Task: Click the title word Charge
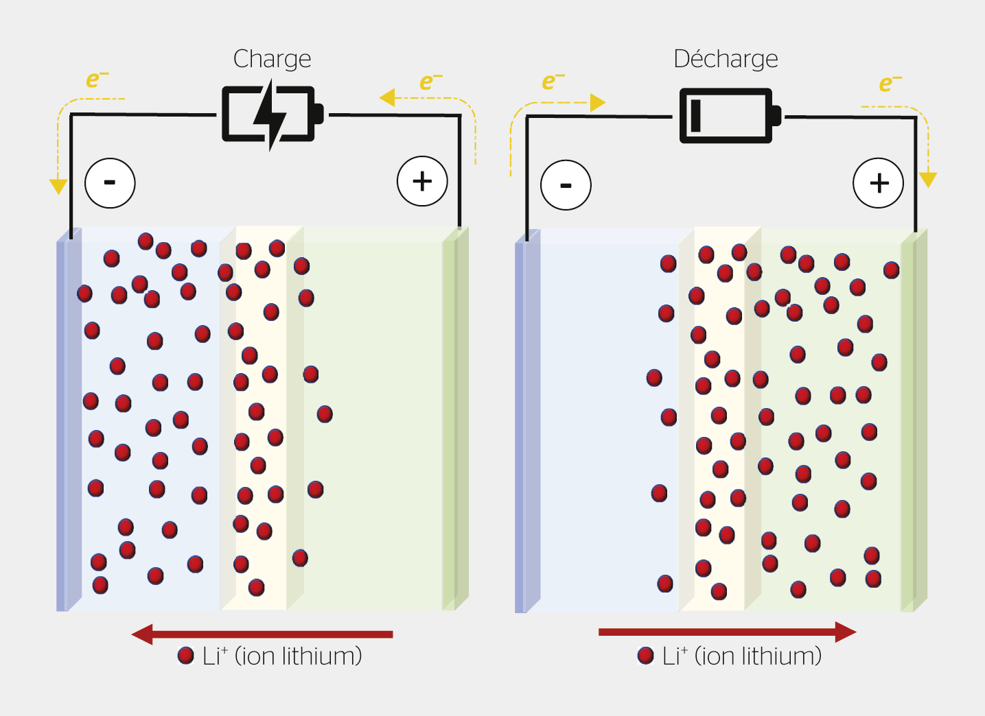[272, 59]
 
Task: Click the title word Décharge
[726, 59]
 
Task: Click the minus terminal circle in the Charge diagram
[110, 182]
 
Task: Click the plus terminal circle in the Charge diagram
[422, 181]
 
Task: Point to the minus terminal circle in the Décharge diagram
[566, 185]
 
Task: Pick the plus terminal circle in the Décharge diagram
[878, 183]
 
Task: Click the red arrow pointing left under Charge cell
[262, 634]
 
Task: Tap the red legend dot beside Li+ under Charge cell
[185, 656]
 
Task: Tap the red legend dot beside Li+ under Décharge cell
[645, 656]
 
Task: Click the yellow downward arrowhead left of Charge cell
[58, 186]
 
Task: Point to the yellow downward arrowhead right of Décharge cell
[927, 180]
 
